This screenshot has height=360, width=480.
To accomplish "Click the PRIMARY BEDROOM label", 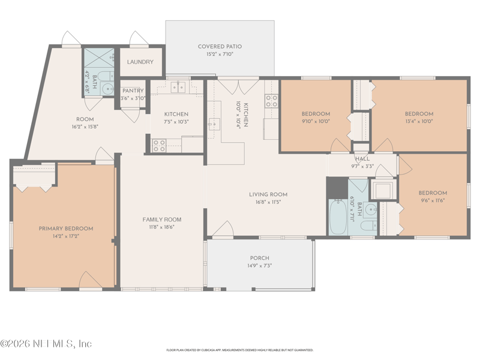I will pos(66,229).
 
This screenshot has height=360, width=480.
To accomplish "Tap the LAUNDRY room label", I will pos(140,62).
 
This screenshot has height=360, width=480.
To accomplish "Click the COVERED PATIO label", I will pos(220,46).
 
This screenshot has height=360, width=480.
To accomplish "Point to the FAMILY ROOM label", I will pos(161,220).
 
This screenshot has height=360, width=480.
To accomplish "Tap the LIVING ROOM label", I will pos(268,194).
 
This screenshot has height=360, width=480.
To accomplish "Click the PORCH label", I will pos(259,258).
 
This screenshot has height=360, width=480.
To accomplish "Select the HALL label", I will pos(362,159).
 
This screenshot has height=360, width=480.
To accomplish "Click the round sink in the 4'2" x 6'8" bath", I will pos(107,89).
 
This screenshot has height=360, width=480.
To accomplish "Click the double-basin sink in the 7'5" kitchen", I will pos(178,88).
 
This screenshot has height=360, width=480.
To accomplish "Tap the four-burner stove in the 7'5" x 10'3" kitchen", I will pos(159,145).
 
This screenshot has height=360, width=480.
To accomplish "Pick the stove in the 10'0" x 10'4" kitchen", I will pos(271,100).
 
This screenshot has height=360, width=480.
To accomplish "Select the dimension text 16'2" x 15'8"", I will pos(85,127).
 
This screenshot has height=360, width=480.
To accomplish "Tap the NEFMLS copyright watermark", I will pos(46,344).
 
